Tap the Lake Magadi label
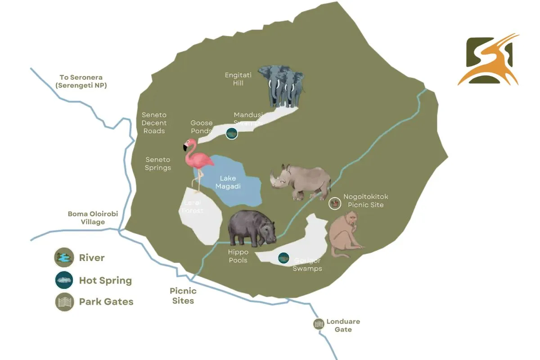click(228, 182)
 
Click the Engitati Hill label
click(238, 79)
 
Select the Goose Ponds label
click(201, 127)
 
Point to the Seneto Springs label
click(158, 164)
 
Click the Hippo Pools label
click(238, 256)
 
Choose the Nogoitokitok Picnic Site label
click(365, 201)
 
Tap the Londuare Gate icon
click(319, 324)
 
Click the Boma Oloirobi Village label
click(93, 218)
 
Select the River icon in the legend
click(64, 257)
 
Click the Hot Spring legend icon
click(64, 280)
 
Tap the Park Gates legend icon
click(64, 301)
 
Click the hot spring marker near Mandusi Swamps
click(231, 133)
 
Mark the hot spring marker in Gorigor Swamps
click(283, 258)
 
